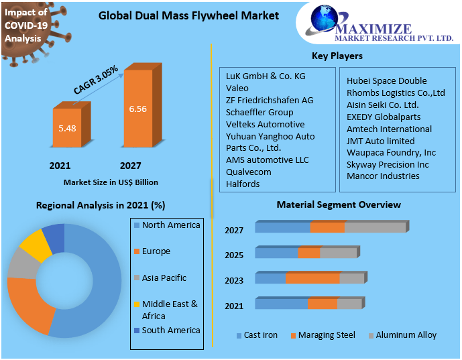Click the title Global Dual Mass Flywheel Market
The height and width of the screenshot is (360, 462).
pyautogui.click(x=188, y=15)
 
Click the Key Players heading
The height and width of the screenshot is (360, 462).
pyautogui.click(x=337, y=56)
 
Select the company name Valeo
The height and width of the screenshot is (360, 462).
pyautogui.click(x=237, y=88)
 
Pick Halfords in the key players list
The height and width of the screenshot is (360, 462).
pyautogui.click(x=243, y=184)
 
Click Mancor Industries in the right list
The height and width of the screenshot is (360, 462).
pyautogui.click(x=383, y=176)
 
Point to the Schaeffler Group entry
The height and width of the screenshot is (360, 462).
pyautogui.click(x=259, y=112)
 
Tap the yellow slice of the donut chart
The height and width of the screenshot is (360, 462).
pyautogui.click(x=36, y=245)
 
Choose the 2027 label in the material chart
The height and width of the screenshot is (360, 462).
pyautogui.click(x=234, y=231)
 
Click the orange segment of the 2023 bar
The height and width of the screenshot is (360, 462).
pyautogui.click(x=312, y=278)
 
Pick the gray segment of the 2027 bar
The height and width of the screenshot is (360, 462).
pyautogui.click(x=375, y=228)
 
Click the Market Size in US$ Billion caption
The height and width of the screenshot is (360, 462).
pyautogui.click(x=111, y=182)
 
